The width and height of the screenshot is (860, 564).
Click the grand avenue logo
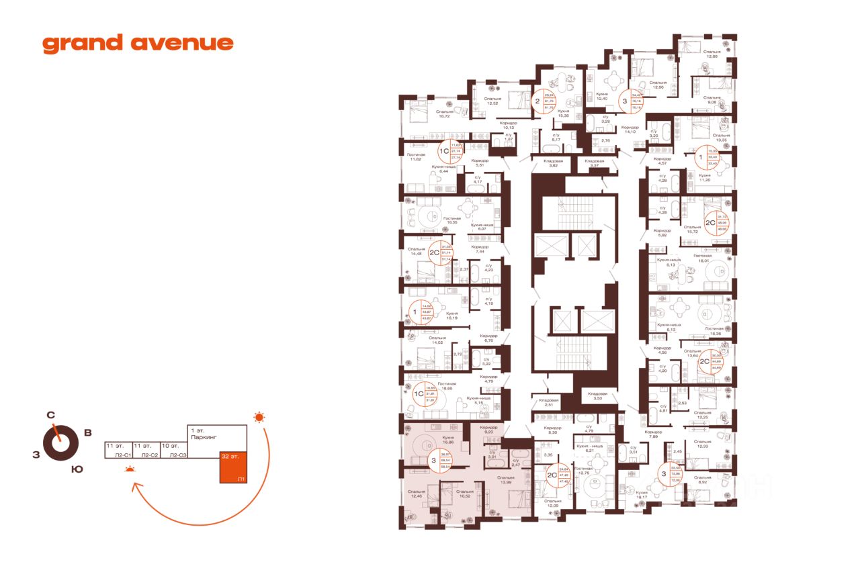(138, 44)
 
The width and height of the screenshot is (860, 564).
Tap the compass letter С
(50, 415)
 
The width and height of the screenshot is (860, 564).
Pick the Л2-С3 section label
(177, 455)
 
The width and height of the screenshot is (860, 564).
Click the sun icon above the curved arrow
(259, 418)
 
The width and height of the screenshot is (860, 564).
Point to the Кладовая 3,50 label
(597, 396)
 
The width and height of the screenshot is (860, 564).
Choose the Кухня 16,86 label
(446, 440)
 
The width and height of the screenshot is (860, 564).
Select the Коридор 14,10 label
(630, 130)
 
